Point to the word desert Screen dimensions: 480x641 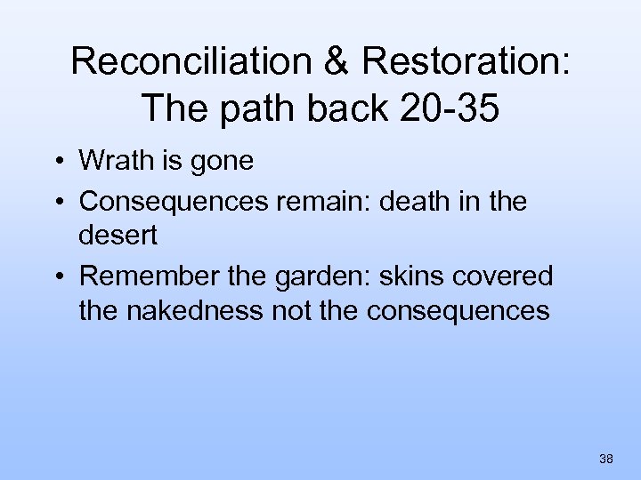[x=117, y=236]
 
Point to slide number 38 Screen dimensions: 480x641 [x=606, y=459]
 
